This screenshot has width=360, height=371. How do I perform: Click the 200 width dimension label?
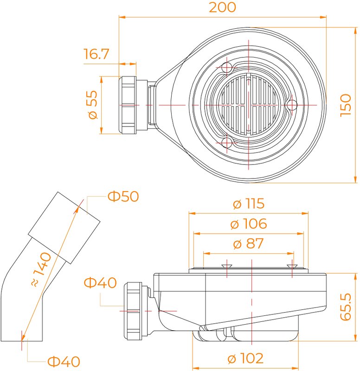click(223, 7)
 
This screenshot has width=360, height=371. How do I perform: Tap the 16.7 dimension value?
click(96, 54)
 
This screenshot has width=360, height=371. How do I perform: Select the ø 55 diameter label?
click(92, 105)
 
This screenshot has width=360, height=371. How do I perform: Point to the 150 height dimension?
click(346, 105)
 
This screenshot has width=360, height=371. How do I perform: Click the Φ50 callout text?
click(123, 196)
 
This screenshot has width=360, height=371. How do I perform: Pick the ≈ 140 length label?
click(41, 269)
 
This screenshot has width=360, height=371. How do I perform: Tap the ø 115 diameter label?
click(249, 204)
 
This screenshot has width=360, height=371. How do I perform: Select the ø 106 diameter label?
click(249, 224)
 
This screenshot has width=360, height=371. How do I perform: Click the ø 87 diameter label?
click(248, 243)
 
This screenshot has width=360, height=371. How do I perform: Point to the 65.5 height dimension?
click(346, 307)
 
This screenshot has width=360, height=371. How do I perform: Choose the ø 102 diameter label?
click(245, 358)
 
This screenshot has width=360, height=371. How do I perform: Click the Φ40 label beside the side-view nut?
click(100, 282)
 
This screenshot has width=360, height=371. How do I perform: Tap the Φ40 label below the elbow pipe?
click(64, 362)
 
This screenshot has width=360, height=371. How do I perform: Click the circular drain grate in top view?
click(248, 105)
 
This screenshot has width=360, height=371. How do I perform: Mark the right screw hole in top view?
click(292, 105)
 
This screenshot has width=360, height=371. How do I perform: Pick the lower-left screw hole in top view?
click(227, 142)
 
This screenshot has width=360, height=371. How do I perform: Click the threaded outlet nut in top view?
click(127, 105)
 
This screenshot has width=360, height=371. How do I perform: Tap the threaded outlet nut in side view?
click(133, 311)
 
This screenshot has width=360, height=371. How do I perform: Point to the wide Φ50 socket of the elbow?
click(64, 228)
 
